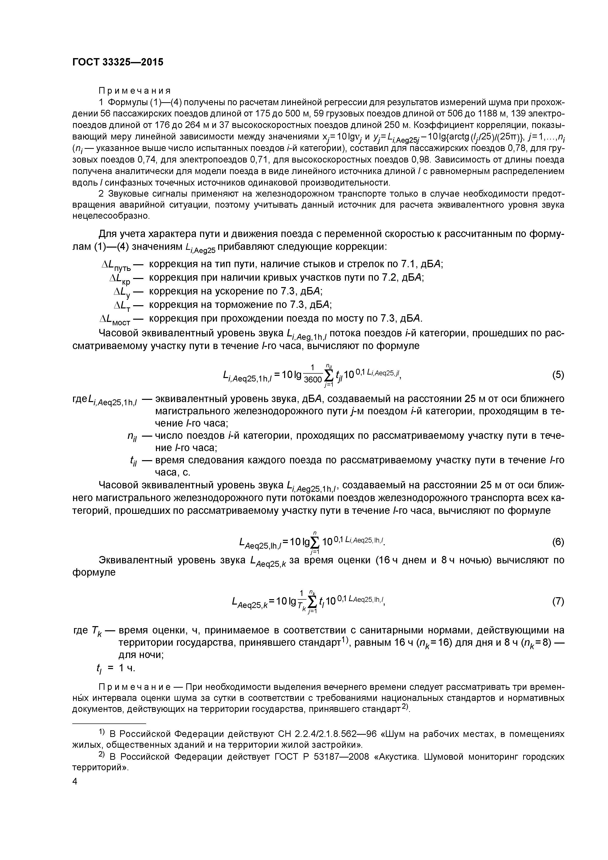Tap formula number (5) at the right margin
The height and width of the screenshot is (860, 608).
tap(558, 375)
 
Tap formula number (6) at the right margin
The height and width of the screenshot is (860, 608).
tap(558, 542)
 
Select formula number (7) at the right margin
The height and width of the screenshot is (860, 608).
tap(558, 602)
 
